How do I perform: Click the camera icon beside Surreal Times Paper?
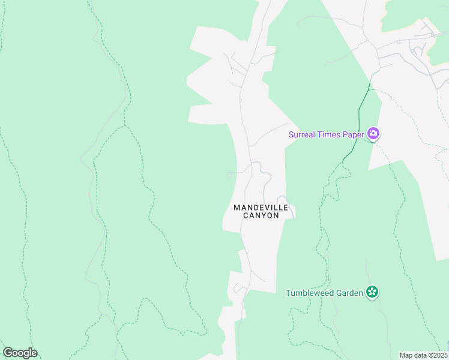(373, 134)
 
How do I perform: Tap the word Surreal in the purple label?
(303, 134)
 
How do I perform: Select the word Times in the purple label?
(330, 134)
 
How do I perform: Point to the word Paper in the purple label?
(354, 134)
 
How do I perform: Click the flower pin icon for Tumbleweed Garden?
(372, 292)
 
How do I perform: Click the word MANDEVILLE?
(261, 208)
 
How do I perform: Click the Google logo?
(20, 353)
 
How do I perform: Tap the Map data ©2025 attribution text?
(423, 355)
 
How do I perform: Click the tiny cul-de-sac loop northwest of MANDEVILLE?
(229, 175)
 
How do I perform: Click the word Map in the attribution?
(406, 355)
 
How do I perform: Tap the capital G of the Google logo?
(7, 353)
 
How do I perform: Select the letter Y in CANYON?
(265, 215)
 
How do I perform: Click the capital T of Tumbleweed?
(288, 293)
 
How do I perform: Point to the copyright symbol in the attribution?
(429, 355)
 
